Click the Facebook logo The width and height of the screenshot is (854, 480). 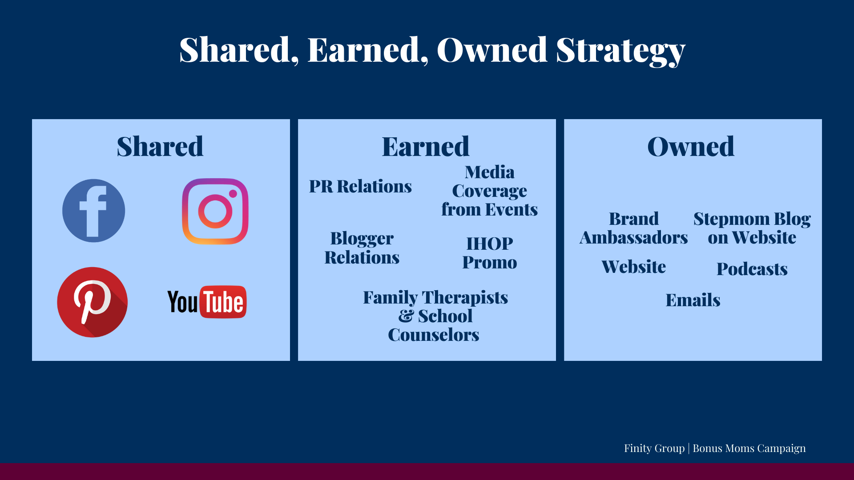[x=93, y=211]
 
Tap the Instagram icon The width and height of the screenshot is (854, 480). [x=215, y=211]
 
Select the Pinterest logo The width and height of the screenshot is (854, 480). [x=93, y=302]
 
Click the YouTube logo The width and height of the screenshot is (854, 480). [x=207, y=302]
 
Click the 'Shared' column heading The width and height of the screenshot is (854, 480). [x=160, y=146]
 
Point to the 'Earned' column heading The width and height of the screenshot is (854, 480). [x=426, y=146]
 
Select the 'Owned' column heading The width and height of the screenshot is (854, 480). [x=691, y=146]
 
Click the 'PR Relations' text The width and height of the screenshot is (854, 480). [x=360, y=186]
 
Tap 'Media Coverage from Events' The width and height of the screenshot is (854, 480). [x=489, y=191]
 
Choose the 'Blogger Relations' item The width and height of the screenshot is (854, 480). [x=362, y=248]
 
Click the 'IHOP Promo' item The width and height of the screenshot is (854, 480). [x=490, y=253]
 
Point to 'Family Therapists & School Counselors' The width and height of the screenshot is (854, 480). [x=435, y=316]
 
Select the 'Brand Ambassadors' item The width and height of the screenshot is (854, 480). [x=634, y=228]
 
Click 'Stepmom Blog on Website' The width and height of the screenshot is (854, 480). [x=752, y=228]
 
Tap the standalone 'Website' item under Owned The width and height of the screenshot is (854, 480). [x=634, y=267]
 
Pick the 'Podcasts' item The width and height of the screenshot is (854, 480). [x=752, y=269]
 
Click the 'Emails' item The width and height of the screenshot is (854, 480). [x=693, y=300]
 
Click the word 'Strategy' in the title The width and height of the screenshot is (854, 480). [x=621, y=50]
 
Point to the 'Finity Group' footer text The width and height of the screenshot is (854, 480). [x=654, y=448]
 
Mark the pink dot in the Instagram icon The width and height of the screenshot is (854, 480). [x=233, y=193]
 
